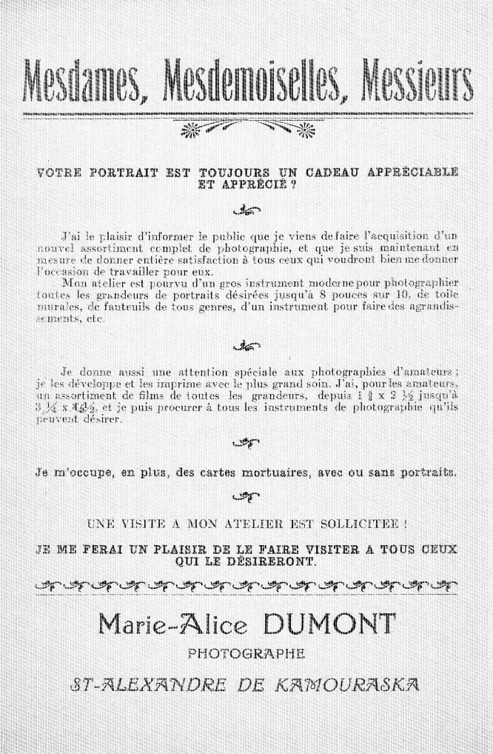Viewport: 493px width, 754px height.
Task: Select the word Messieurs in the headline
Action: [415, 82]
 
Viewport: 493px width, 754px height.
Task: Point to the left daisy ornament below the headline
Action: [192, 130]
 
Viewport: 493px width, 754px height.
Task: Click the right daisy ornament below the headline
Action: [304, 130]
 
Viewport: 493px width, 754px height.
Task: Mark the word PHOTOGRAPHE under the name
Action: [246, 653]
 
